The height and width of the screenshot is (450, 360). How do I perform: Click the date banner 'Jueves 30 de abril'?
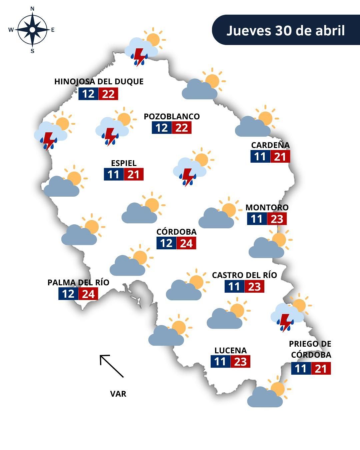[x=286, y=30]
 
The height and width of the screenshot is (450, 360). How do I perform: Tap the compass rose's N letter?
[x=32, y=9]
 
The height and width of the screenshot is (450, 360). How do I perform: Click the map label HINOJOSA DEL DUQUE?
[x=99, y=82]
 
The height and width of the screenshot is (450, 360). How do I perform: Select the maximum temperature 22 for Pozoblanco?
[x=182, y=128]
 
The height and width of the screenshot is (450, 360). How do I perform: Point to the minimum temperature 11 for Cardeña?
[x=260, y=156]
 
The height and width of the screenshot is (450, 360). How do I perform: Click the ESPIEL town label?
[x=124, y=163]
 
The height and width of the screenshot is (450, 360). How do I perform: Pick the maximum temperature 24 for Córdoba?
[x=186, y=243]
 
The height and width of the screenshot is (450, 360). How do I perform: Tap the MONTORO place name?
[x=267, y=207]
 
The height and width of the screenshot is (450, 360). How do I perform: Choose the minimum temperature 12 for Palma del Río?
[x=68, y=294]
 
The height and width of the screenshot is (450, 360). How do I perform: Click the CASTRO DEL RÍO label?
[x=244, y=275]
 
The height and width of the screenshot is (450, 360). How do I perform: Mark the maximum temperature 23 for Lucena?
[x=240, y=362]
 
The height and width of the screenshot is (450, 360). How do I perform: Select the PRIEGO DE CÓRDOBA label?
[x=310, y=349]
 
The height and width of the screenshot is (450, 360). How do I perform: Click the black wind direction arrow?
[x=111, y=366]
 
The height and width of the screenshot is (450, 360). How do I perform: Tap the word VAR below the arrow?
[x=118, y=394]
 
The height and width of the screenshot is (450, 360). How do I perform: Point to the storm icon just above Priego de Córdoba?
[x=289, y=315]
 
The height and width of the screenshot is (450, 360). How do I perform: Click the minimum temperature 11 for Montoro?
[x=257, y=219]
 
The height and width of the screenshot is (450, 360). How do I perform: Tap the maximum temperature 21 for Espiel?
[x=133, y=174]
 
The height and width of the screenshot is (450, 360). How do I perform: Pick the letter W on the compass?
[x=11, y=30]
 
